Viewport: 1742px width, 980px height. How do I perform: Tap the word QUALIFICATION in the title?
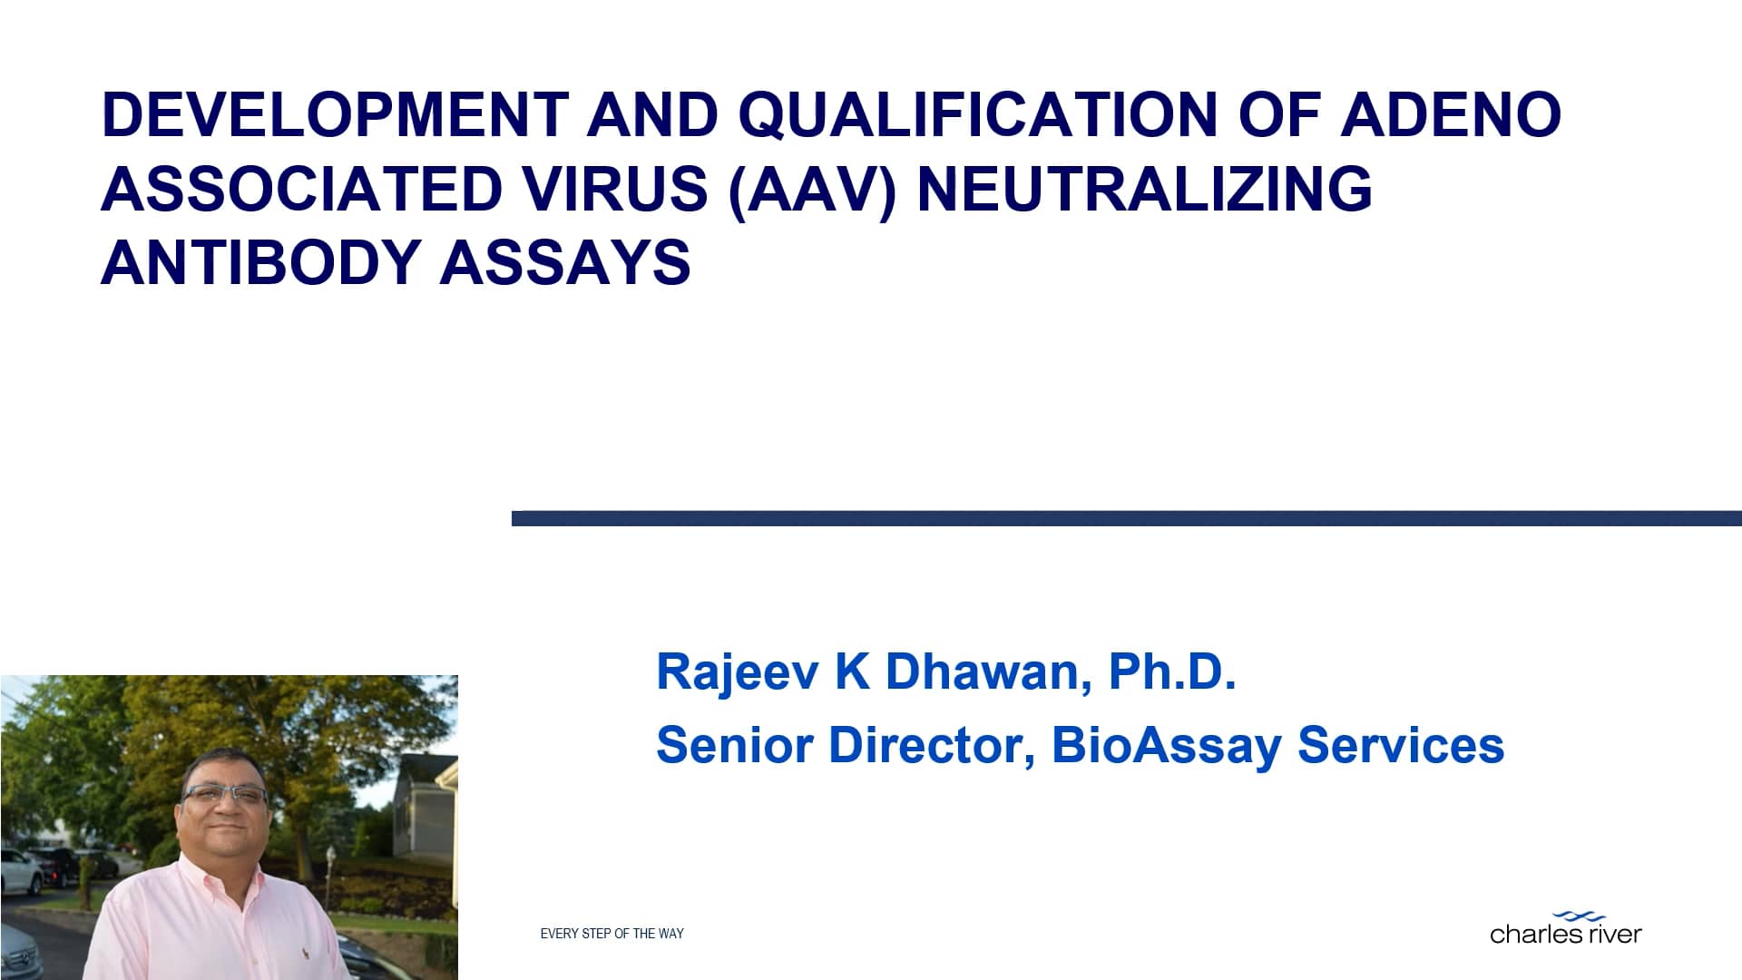(x=978, y=115)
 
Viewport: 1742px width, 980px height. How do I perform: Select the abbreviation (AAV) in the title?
(x=812, y=190)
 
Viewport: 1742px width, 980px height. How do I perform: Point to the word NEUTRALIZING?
(x=1145, y=190)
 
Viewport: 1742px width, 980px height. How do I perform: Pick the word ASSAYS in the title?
(x=564, y=263)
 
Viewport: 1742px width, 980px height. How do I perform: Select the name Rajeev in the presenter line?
(x=737, y=672)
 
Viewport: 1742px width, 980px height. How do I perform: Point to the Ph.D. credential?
(x=1171, y=672)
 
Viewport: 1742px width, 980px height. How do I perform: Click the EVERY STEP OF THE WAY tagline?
(x=612, y=934)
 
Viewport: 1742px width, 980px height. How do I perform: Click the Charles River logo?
(x=1565, y=933)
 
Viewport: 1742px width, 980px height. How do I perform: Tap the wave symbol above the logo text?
(x=1579, y=917)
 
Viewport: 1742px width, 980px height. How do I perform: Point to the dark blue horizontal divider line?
(x=1125, y=518)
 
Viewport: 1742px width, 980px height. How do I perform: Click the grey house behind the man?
(x=425, y=808)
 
